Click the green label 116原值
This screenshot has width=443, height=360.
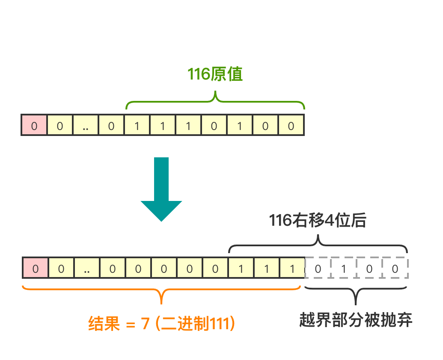coord(215,74)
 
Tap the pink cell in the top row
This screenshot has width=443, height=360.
coord(34,126)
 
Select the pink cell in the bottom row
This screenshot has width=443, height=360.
coord(35,269)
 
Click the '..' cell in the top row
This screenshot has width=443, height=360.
coord(86,126)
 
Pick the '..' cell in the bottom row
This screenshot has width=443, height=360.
coord(87,269)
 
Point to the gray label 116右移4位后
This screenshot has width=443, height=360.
coord(317,221)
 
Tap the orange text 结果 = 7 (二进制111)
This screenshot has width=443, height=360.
coord(161,324)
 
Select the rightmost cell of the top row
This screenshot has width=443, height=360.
coord(291,126)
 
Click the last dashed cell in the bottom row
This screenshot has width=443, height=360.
coord(395,269)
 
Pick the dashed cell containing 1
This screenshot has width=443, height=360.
coord(344,269)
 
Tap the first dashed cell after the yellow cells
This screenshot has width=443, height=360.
coord(318,269)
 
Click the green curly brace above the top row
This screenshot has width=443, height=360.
coord(215,101)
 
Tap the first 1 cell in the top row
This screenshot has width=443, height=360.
coord(137,126)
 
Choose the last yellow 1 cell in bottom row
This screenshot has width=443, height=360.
coord(292,269)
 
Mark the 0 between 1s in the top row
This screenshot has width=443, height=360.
coord(214,126)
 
